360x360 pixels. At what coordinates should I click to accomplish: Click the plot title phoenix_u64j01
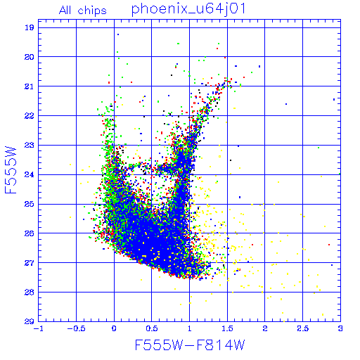[x=188, y=9]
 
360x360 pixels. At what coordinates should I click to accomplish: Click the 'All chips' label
[x=83, y=11]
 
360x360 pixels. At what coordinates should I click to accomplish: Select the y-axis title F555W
[x=11, y=170]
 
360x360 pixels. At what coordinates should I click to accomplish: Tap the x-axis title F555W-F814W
[x=190, y=345]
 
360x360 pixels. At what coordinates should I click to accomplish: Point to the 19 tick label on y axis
[x=30, y=27]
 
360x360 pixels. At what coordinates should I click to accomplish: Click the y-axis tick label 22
[x=30, y=116]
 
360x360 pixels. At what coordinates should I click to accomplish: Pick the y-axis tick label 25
[x=30, y=204]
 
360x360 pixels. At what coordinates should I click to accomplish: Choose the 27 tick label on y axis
[x=30, y=263]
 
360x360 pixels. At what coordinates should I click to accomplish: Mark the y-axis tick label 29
[x=30, y=321]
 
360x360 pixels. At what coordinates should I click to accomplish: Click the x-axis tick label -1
[x=39, y=328]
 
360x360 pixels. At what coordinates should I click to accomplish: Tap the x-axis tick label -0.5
[x=77, y=328]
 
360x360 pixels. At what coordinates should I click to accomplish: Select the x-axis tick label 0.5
[x=152, y=328]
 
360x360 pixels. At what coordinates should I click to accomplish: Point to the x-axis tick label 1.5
[x=227, y=328]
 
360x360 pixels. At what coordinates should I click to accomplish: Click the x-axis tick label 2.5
[x=303, y=328]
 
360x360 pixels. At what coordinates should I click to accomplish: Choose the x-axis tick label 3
[x=340, y=328]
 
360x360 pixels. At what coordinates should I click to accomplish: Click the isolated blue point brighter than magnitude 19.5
[x=118, y=34]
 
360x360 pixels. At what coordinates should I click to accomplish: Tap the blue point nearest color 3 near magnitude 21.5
[x=334, y=99]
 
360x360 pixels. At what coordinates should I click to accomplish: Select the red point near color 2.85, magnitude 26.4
[x=329, y=245]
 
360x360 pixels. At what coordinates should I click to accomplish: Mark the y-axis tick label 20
[x=30, y=57]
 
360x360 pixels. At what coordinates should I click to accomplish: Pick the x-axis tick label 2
[x=265, y=328]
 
